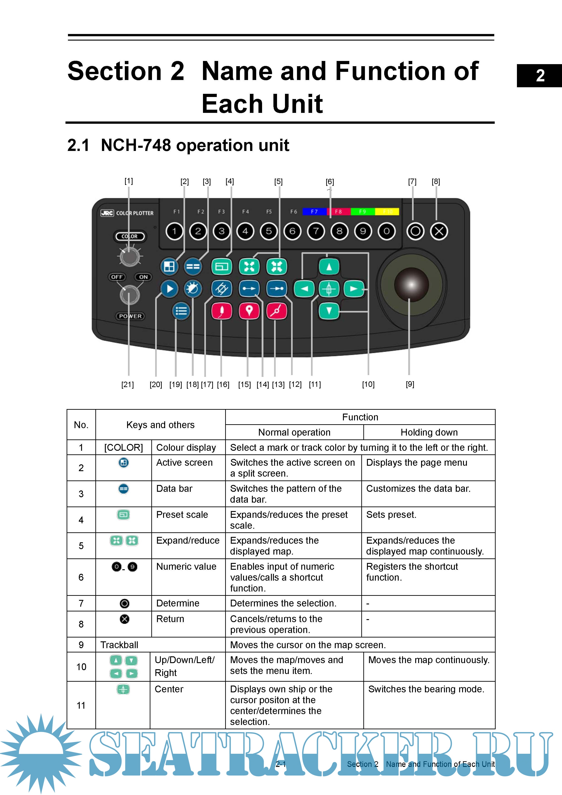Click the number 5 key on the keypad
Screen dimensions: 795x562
269,231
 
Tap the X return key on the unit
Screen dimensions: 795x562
439,231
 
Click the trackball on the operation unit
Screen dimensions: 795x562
411,285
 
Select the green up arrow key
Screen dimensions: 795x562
329,267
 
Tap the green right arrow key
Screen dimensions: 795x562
354,289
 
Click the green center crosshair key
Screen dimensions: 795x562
329,289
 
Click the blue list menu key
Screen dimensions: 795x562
181,311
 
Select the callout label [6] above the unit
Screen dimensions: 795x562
330,182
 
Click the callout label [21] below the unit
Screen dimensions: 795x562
127,384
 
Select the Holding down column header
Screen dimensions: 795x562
429,432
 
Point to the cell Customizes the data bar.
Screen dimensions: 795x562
418,489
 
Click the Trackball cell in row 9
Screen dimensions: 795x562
119,645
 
